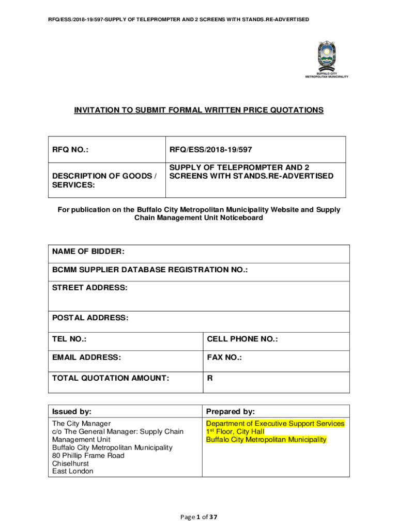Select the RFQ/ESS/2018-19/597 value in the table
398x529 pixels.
tap(213, 150)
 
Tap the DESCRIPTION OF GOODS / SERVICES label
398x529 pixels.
tap(104, 180)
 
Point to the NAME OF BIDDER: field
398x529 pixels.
tap(88, 252)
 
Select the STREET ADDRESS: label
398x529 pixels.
tap(89, 287)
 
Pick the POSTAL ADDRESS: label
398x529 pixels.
tap(90, 318)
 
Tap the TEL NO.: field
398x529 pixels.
tap(69, 339)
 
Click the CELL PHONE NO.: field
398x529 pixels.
tap(242, 339)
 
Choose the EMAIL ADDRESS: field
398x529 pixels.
tap(86, 357)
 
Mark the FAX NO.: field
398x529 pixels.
tap(224, 357)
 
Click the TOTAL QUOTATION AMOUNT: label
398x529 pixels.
tap(111, 378)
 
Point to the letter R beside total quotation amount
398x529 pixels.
tap(210, 378)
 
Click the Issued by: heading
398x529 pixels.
tap(72, 412)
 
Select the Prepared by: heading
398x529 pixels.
tap(231, 412)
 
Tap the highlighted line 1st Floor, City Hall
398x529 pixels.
tap(235, 431)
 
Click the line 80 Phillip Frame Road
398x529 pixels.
tap(88, 456)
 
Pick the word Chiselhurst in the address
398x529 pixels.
tap(70, 463)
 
